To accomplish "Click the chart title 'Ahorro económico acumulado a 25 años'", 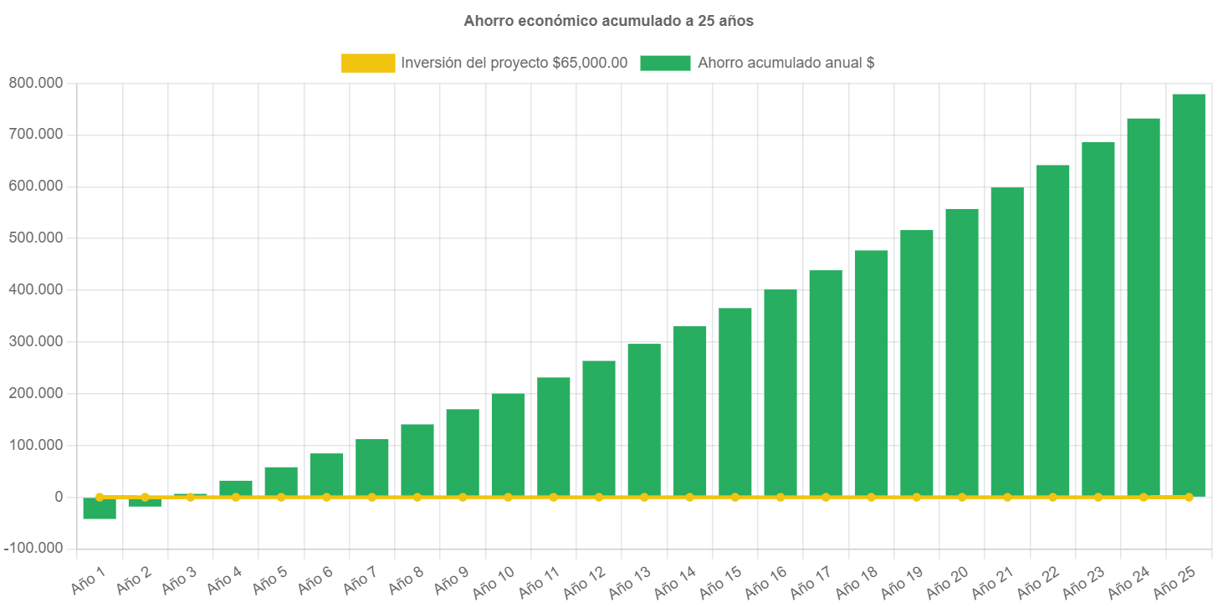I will coord(608,22).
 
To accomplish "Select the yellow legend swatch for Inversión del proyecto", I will coord(368,63).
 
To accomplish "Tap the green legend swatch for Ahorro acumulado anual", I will coord(665,63).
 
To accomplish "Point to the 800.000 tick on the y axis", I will coord(35,83).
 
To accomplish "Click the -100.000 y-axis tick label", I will coord(33,548).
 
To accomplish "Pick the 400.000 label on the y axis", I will coord(35,289).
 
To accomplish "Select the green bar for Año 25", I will coord(1188,293).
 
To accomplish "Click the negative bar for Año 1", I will coord(100,508).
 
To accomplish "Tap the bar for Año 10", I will coord(508,443).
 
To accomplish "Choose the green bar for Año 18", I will coord(871,372).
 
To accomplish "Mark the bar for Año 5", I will coord(281,481).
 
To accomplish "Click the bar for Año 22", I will coord(1052,330).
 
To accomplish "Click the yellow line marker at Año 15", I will coord(734,497).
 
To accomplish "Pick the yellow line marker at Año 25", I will coord(1189,497).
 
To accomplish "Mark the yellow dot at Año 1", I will coord(100,497).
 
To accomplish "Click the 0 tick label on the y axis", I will coord(59,497).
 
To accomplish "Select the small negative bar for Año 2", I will coord(145,503).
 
